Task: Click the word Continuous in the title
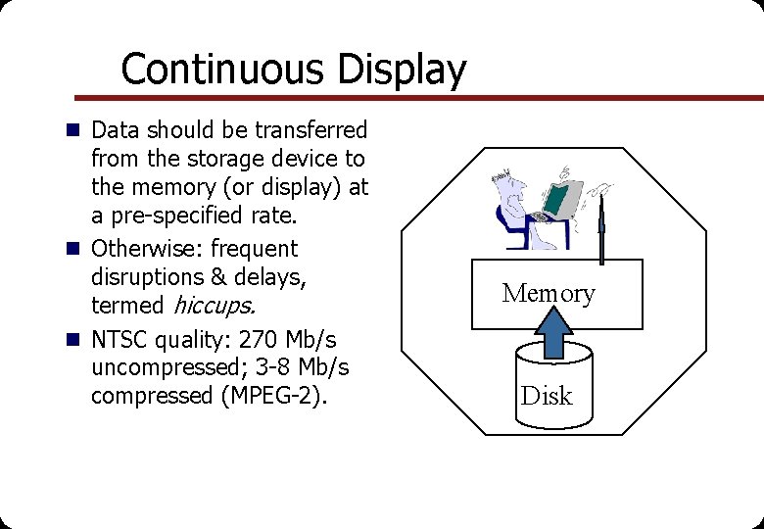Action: (x=223, y=70)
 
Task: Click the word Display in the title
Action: (x=402, y=70)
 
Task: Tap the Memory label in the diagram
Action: (x=549, y=293)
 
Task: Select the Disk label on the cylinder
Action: (x=547, y=396)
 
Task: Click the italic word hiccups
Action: (x=214, y=305)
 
